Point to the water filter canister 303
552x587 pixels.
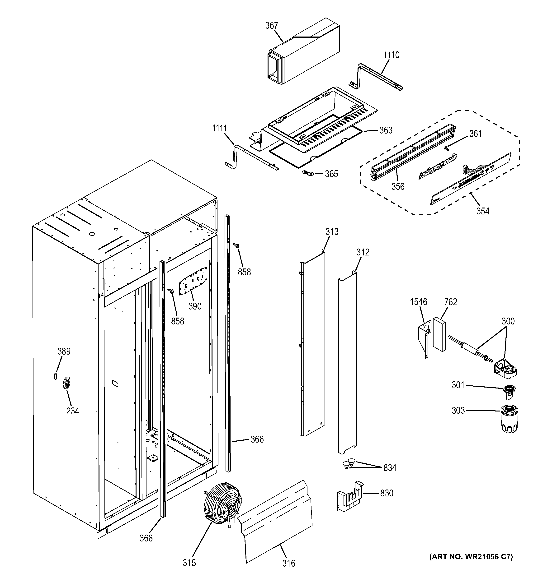click(510, 419)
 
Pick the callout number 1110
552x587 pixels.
click(391, 55)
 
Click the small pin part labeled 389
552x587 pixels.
click(55, 376)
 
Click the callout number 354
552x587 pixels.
click(483, 211)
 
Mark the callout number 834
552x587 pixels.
click(389, 468)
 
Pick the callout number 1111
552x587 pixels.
click(219, 129)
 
